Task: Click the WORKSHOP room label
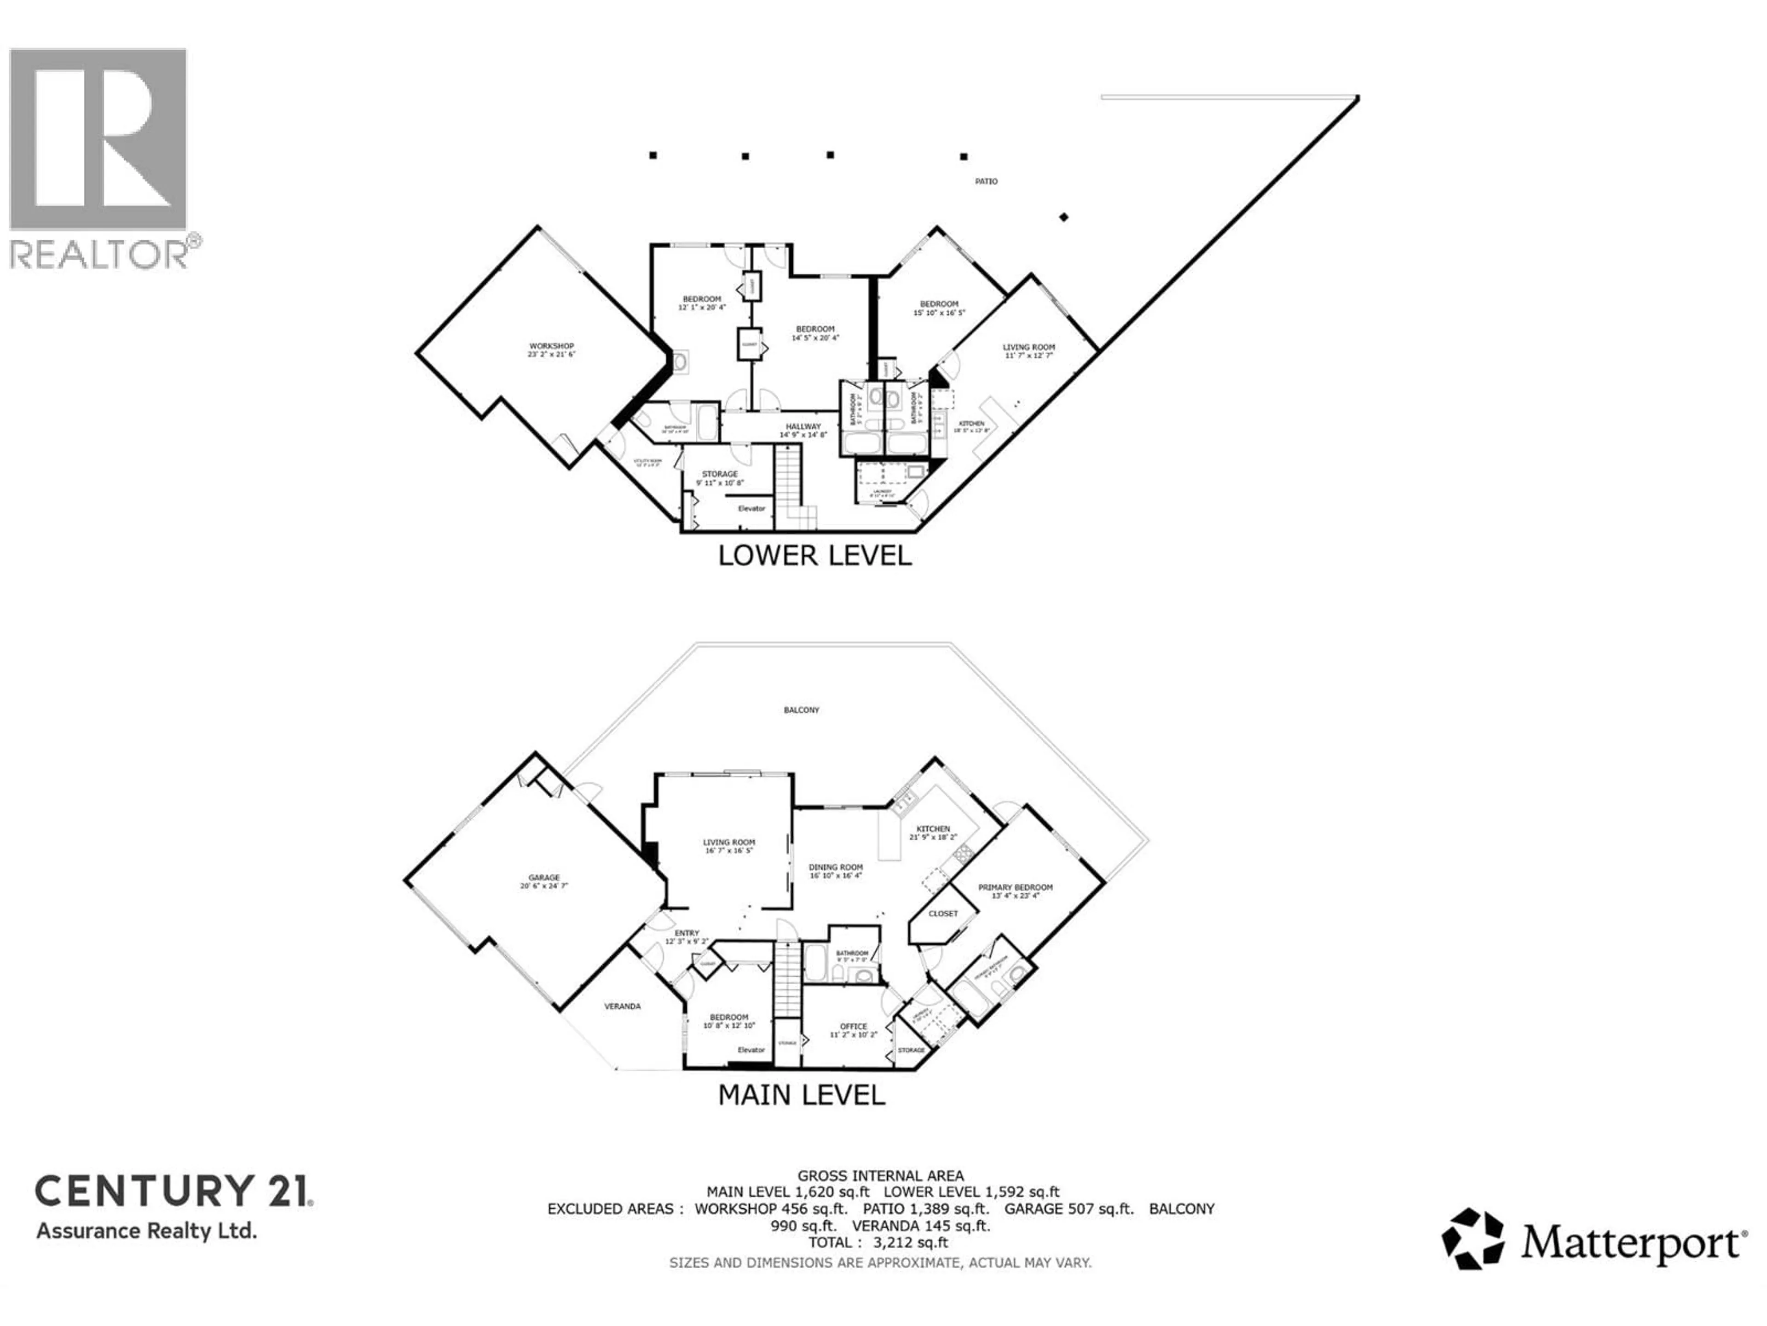tap(551, 346)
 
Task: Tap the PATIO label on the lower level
tap(986, 181)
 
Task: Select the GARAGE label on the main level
tap(544, 878)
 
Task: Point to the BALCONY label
tap(801, 710)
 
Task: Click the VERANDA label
tap(622, 1006)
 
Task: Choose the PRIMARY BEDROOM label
tap(1015, 887)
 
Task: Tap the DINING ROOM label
tap(836, 867)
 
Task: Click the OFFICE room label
tap(853, 1026)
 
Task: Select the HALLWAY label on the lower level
tap(803, 427)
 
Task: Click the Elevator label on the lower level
tap(751, 508)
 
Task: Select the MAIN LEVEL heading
tap(801, 1095)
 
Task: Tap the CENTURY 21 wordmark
tap(173, 1191)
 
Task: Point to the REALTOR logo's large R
tap(98, 140)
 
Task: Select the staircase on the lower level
tap(788, 480)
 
